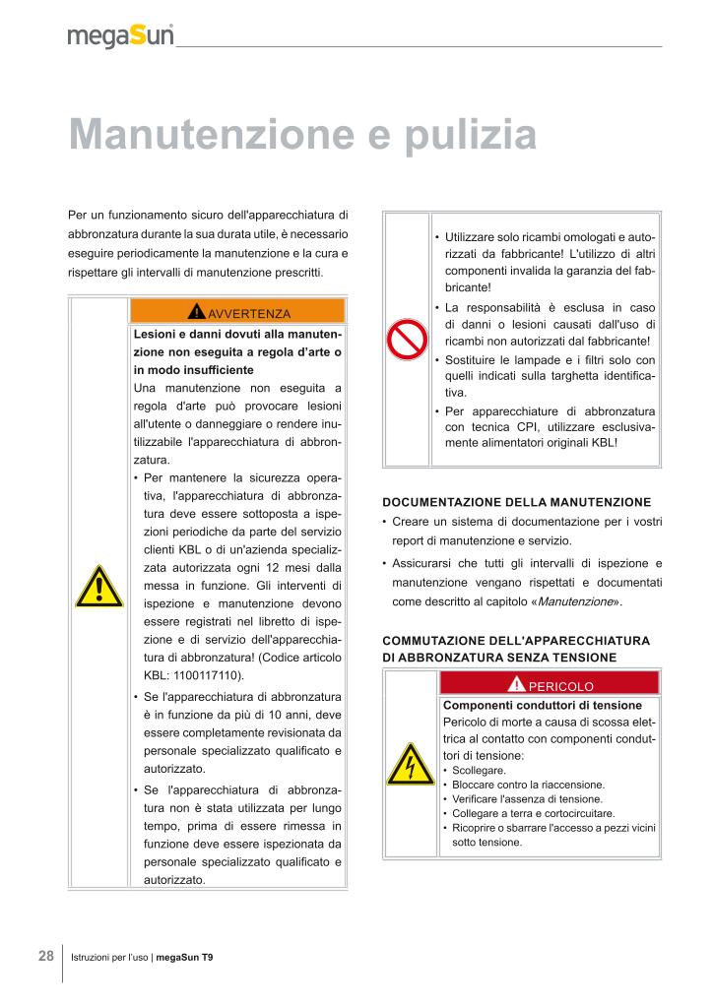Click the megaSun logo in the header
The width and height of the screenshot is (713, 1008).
(x=120, y=36)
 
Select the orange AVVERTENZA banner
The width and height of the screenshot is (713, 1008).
(x=237, y=313)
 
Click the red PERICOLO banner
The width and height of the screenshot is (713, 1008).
(x=550, y=685)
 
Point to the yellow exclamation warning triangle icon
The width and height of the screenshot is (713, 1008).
(x=98, y=590)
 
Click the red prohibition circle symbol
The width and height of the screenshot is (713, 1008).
(x=406, y=340)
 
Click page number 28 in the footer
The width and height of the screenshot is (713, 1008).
(x=46, y=956)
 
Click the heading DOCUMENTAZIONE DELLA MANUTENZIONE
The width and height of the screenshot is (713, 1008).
(x=516, y=502)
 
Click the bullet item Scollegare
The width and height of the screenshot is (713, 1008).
(x=479, y=770)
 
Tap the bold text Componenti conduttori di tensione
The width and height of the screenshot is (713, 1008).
(x=543, y=706)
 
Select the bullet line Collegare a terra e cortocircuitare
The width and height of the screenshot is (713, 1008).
(x=533, y=813)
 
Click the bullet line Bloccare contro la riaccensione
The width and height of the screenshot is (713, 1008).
(x=528, y=785)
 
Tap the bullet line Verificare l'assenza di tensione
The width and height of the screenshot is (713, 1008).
(x=527, y=799)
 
